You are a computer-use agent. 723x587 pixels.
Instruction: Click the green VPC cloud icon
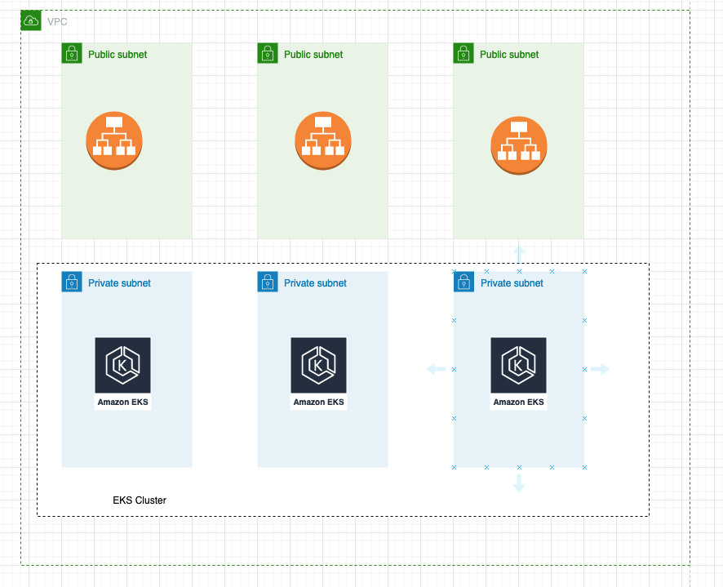coord(31,20)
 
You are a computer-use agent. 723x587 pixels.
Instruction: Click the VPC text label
coord(57,21)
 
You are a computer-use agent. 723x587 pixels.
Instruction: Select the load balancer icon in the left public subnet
coord(114,140)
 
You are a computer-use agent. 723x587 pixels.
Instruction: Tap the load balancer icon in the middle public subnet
coord(323,140)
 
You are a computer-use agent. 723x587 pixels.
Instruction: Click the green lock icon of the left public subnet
coord(72,54)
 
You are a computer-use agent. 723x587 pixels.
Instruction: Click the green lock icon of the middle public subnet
coord(268,54)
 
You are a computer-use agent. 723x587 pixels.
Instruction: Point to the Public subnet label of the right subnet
coord(509,55)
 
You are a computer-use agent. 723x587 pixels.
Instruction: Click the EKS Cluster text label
coord(140,500)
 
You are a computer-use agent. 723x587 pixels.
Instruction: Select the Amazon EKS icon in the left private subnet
coord(122,365)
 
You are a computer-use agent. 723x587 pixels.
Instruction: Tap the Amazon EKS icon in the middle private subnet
coord(318,365)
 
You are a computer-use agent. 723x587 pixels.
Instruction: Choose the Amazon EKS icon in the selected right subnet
coord(518,365)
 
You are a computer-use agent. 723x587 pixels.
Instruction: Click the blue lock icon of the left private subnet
coord(72,282)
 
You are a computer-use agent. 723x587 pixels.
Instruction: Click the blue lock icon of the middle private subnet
coord(268,282)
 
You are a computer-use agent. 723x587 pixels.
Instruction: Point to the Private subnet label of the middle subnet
coord(315,283)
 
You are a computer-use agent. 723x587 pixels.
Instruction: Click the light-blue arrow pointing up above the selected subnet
coord(519,251)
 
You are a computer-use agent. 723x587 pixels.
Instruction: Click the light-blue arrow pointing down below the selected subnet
coord(519,484)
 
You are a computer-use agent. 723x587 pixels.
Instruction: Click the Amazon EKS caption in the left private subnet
coord(123,402)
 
